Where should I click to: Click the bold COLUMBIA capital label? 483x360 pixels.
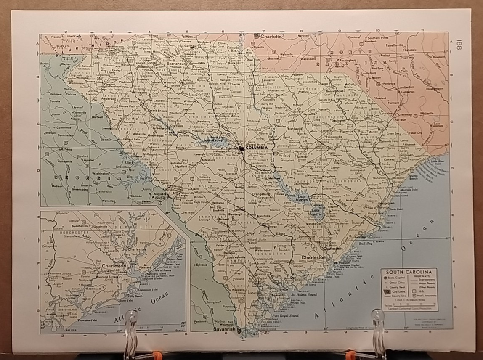257,148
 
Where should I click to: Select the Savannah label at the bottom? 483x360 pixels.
223,329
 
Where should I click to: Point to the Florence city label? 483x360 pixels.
347,131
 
